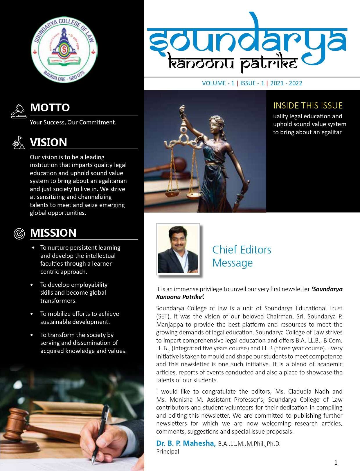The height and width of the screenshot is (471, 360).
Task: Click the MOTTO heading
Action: (x=50, y=108)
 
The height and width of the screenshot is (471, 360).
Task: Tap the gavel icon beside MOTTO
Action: (x=19, y=111)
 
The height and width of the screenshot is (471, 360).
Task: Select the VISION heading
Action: (x=48, y=142)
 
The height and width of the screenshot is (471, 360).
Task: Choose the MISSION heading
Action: (x=53, y=233)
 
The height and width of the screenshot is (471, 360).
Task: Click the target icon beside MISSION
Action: (x=19, y=233)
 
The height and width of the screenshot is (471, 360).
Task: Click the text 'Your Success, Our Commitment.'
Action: (x=73, y=122)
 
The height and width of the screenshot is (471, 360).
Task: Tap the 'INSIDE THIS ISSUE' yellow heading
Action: (x=308, y=106)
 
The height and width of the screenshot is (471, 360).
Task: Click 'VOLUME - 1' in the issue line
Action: (x=218, y=83)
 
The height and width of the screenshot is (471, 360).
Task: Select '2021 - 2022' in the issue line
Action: (x=286, y=83)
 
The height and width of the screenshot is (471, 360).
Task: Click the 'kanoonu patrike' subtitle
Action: (x=233, y=62)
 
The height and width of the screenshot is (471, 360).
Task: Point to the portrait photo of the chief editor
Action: (x=178, y=249)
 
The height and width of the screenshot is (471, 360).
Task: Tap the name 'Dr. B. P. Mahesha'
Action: (x=186, y=443)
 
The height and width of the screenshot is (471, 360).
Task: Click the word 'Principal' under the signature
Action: (x=168, y=452)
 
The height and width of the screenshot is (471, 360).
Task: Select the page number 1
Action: (x=336, y=463)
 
